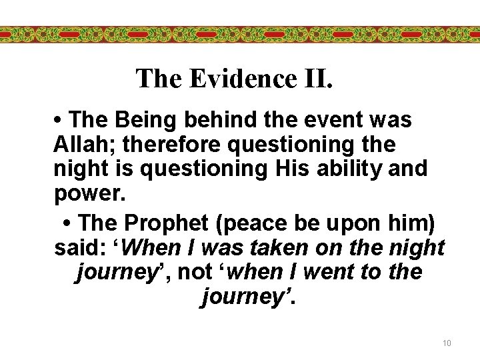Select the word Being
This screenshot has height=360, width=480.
tap(140, 120)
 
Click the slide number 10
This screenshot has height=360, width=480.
tap(447, 343)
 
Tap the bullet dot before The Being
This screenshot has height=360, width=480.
tap(59, 121)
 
